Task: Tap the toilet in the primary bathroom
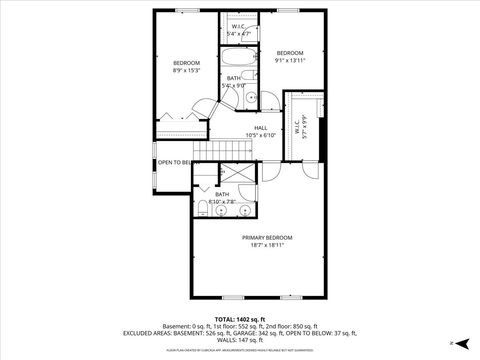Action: click(x=202, y=207)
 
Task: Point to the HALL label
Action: click(x=260, y=127)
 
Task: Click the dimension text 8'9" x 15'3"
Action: click(x=186, y=70)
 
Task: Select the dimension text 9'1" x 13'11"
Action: click(x=290, y=60)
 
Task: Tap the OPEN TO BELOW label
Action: click(x=174, y=162)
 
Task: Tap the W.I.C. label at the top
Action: click(x=239, y=27)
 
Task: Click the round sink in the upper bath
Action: click(x=252, y=97)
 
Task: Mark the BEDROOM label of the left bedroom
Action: click(x=186, y=62)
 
